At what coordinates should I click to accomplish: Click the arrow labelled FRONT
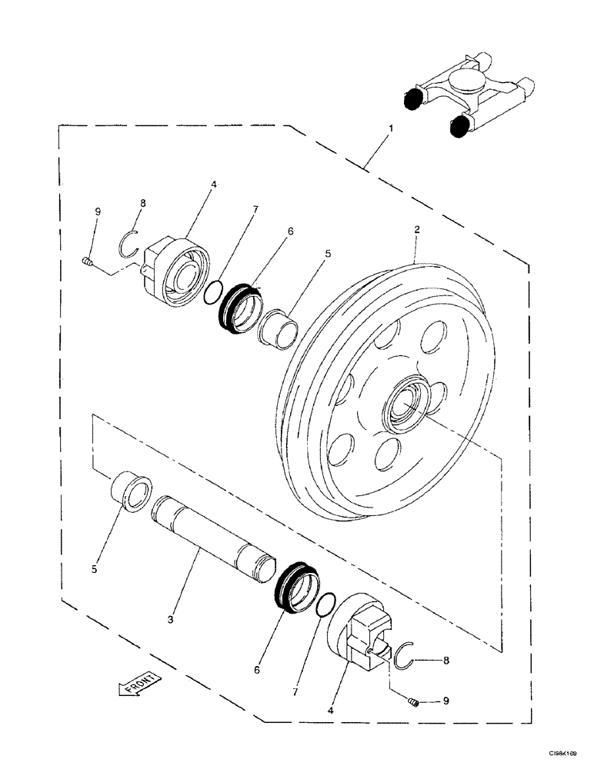(x=139, y=683)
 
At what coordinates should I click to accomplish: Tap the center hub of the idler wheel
(x=405, y=403)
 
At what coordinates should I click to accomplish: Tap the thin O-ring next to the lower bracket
(x=326, y=605)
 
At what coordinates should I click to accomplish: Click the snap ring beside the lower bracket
(x=405, y=656)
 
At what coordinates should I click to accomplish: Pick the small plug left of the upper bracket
(x=86, y=264)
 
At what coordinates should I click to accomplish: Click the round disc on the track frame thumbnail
(x=467, y=80)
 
